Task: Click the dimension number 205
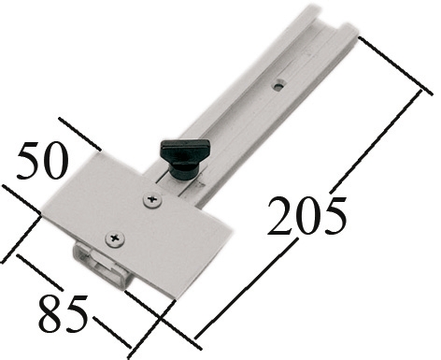pos(306,216)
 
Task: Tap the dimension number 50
pos(43,161)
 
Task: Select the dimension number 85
pos(64,313)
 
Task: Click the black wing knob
pos(184,159)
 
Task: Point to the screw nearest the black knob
pos(152,200)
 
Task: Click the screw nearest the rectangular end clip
pos(115,239)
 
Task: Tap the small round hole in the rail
pos(279,85)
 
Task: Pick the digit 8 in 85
pos(50,313)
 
